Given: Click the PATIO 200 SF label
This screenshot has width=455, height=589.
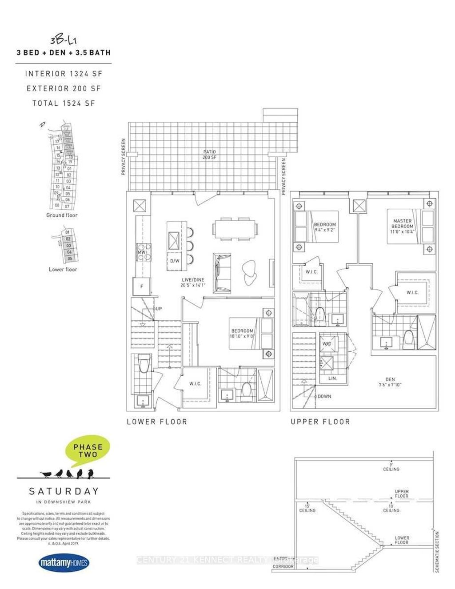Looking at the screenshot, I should click(x=209, y=155).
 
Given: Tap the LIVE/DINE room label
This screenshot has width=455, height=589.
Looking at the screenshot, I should click(x=193, y=283).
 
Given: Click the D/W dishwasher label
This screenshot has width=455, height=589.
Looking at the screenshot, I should click(x=174, y=261).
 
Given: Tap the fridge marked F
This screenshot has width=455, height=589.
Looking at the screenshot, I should click(x=142, y=287).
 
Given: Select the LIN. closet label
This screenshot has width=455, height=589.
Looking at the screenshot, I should click(x=332, y=378).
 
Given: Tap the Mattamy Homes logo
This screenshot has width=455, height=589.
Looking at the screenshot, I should click(x=64, y=563).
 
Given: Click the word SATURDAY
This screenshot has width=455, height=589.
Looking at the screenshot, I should click(x=64, y=491).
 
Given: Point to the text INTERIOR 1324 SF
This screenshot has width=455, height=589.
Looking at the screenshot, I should click(x=63, y=74).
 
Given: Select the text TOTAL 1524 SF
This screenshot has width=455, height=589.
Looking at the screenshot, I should click(x=64, y=103).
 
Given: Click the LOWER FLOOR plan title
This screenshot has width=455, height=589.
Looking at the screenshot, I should click(x=157, y=422).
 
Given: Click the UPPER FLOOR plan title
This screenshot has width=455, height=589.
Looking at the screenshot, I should click(x=320, y=422).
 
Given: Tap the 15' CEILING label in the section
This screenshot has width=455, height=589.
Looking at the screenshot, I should click(x=307, y=508).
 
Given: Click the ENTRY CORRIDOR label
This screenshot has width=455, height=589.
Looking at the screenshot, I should click(x=283, y=562).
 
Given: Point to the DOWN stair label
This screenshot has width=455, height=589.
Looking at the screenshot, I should click(x=324, y=396).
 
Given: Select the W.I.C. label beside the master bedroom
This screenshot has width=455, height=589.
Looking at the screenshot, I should click(x=412, y=292).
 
